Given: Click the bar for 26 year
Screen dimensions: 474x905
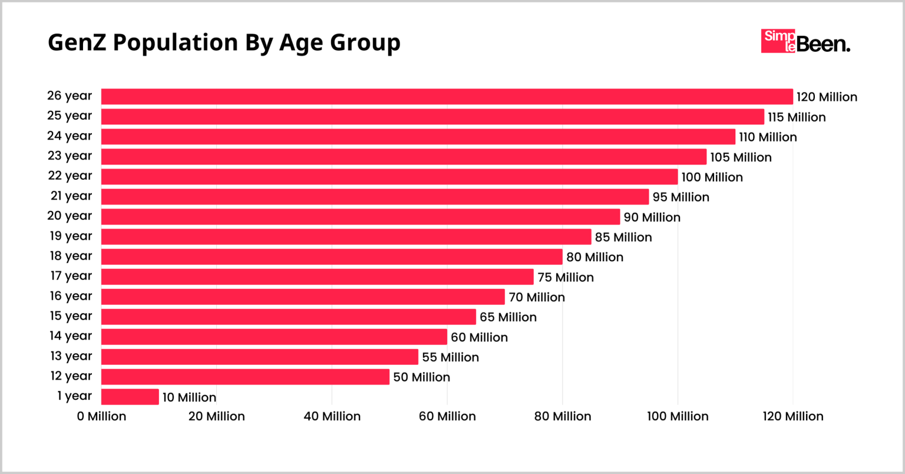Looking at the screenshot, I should pyautogui.click(x=447, y=97).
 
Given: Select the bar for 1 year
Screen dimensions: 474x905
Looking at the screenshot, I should pyautogui.click(x=130, y=397).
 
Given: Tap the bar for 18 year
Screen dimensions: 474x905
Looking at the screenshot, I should pyautogui.click(x=332, y=256).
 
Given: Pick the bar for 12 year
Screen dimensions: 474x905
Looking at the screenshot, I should pyautogui.click(x=245, y=377).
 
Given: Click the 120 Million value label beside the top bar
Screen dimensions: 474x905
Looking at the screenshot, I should pyautogui.click(x=827, y=97).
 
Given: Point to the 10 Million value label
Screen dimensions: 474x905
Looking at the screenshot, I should pyautogui.click(x=189, y=397).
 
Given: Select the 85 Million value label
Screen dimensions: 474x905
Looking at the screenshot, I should pyautogui.click(x=623, y=237).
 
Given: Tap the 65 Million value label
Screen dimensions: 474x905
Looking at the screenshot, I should pyautogui.click(x=508, y=317).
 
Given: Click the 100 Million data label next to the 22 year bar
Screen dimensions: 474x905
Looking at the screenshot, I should pyautogui.click(x=712, y=177).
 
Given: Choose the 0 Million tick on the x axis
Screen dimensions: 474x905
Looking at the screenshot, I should pyautogui.click(x=101, y=416).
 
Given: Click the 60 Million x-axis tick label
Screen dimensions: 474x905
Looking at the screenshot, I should pyautogui.click(x=447, y=416).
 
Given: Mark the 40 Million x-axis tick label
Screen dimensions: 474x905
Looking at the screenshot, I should pyautogui.click(x=332, y=416).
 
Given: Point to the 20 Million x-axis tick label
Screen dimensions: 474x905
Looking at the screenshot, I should pyautogui.click(x=216, y=416).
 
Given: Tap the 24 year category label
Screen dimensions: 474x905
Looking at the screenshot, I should pyautogui.click(x=70, y=136).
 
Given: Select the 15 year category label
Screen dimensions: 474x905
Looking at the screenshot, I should pyautogui.click(x=71, y=316).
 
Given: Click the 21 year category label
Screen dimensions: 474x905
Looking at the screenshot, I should pyautogui.click(x=71, y=196).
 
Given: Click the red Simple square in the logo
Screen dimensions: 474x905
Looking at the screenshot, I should pyautogui.click(x=778, y=41).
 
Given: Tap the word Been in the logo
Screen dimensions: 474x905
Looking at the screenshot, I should pyautogui.click(x=823, y=44).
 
